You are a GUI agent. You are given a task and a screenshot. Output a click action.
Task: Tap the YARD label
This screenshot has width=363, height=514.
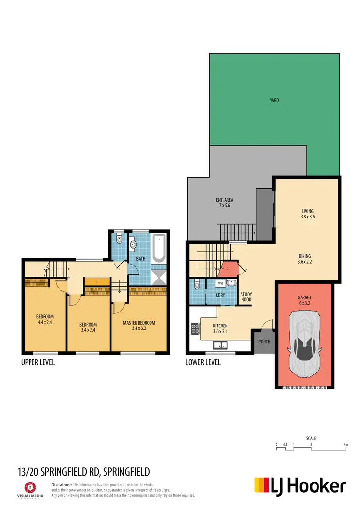(274, 101)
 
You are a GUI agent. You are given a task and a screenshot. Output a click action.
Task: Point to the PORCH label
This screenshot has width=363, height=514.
(264, 342)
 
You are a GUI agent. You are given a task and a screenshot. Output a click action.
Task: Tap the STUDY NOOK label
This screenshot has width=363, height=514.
(246, 296)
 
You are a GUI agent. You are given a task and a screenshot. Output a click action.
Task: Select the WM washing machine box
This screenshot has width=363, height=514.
(220, 283)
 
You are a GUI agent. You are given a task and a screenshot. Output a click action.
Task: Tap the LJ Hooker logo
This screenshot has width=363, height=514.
(300, 486)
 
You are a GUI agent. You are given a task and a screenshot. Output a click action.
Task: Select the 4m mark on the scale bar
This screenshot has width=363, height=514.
(345, 444)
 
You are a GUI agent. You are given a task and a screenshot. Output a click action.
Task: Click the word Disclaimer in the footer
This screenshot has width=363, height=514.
(61, 484)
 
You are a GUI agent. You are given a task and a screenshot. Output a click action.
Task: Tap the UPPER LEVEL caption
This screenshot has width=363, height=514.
(38, 362)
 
